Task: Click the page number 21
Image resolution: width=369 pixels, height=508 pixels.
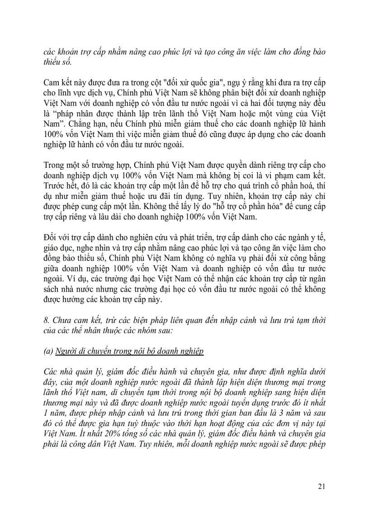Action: [322, 486]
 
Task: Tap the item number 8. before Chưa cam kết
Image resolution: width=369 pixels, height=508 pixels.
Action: [47, 320]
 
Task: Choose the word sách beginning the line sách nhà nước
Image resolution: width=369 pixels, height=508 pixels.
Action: [52, 289]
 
